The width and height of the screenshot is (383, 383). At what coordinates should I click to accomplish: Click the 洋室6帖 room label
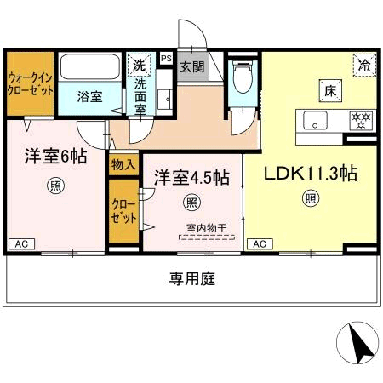pyautogui.click(x=56, y=157)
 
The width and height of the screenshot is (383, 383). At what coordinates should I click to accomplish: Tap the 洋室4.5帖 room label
pyautogui.click(x=191, y=177)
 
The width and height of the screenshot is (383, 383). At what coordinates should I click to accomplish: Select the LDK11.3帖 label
pyautogui.click(x=309, y=173)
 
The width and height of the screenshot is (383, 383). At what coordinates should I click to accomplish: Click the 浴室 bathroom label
pyautogui.click(x=90, y=96)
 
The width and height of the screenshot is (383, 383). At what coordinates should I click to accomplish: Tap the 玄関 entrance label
pyautogui.click(x=192, y=66)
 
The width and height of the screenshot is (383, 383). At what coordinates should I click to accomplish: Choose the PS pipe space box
pyautogui.click(x=166, y=59)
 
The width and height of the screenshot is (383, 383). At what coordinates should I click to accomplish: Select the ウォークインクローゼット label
pyautogui.click(x=31, y=83)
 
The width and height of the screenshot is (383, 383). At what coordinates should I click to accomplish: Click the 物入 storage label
pyautogui.click(x=123, y=163)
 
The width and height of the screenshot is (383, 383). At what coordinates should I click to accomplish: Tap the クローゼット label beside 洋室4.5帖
pyautogui.click(x=123, y=210)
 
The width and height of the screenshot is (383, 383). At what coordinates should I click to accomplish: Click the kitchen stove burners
pyautogui.click(x=361, y=120)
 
